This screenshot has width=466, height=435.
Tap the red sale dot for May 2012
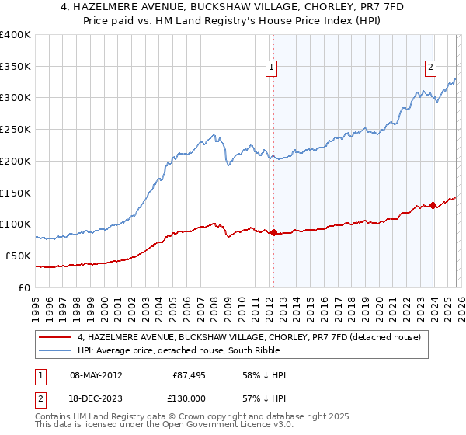[x=273, y=232]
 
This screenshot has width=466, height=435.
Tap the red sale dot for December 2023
[x=433, y=205]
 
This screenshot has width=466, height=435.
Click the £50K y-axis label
[x=19, y=256]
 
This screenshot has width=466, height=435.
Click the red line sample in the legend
[x=55, y=337]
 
